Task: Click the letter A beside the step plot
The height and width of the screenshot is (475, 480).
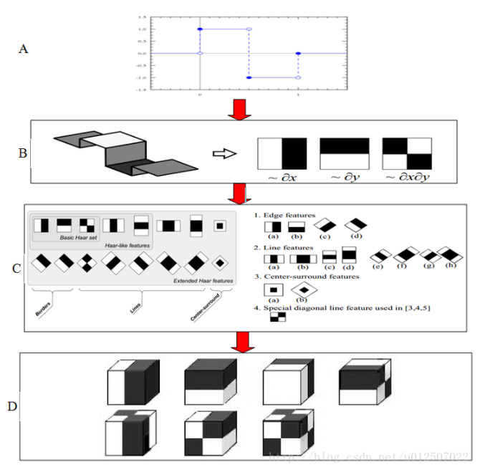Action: tap(24, 49)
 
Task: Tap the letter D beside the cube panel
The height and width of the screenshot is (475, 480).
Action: tap(12, 407)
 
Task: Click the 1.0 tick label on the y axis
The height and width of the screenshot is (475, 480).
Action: tap(143, 29)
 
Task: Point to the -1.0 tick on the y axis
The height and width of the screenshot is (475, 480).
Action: tap(143, 77)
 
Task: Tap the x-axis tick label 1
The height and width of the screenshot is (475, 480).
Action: tap(298, 95)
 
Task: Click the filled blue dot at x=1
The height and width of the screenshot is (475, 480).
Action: tap(298, 54)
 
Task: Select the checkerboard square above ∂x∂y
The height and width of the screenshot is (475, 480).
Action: tap(408, 153)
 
